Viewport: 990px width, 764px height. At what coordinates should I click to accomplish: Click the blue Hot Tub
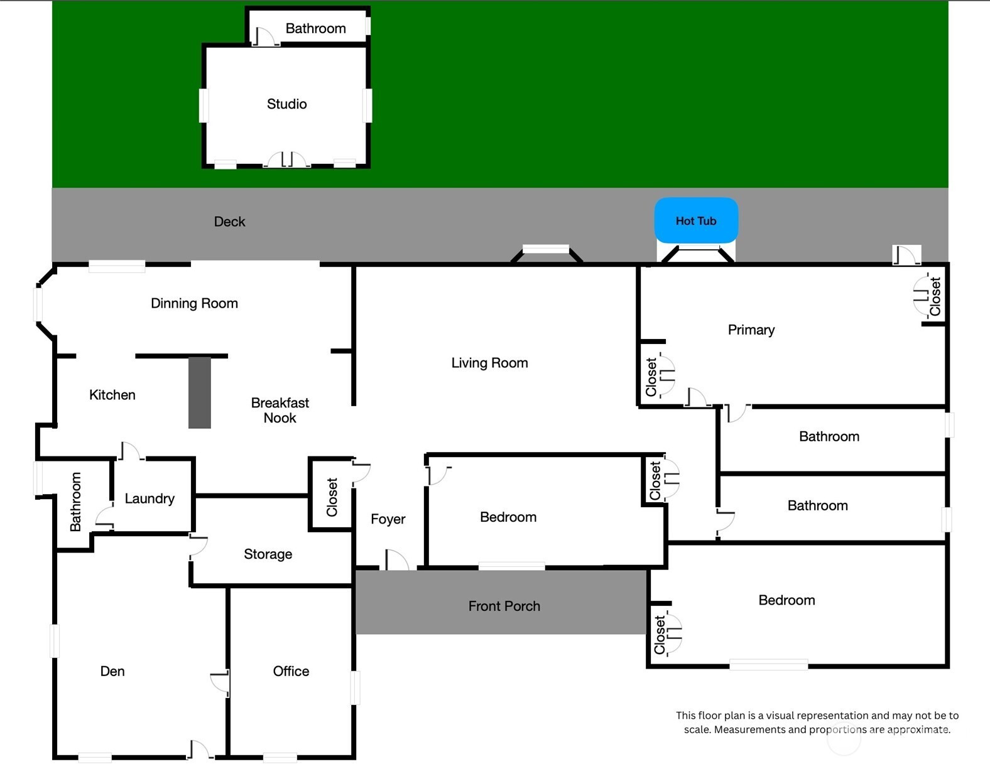point(696,220)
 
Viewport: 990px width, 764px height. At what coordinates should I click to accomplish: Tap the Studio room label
point(286,104)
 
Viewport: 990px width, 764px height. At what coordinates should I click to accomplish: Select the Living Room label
point(489,363)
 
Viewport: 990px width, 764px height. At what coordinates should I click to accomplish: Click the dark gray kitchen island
point(200,393)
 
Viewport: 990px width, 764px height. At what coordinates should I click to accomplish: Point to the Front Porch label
point(504,606)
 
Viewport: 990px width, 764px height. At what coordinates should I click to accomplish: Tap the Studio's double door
point(287,160)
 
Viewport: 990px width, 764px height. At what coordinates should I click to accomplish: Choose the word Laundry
point(150,498)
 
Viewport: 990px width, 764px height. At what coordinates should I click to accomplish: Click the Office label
point(291,671)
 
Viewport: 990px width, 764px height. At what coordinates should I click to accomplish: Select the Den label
point(112,671)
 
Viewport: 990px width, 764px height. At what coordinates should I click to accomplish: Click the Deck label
point(229,222)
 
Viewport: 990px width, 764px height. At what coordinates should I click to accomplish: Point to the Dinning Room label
point(194,303)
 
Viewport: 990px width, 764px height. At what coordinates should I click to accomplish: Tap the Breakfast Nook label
point(280,410)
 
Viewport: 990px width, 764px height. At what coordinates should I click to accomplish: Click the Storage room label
point(268,554)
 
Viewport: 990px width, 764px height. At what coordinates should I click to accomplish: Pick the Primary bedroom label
point(751,330)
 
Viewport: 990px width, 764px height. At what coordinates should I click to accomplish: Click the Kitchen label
point(112,395)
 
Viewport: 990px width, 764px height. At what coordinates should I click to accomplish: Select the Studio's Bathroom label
point(315,29)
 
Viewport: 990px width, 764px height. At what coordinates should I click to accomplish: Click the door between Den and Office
point(220,682)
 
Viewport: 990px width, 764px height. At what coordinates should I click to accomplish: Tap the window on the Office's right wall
point(355,687)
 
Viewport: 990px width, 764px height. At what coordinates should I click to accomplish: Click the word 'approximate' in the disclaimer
point(918,730)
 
